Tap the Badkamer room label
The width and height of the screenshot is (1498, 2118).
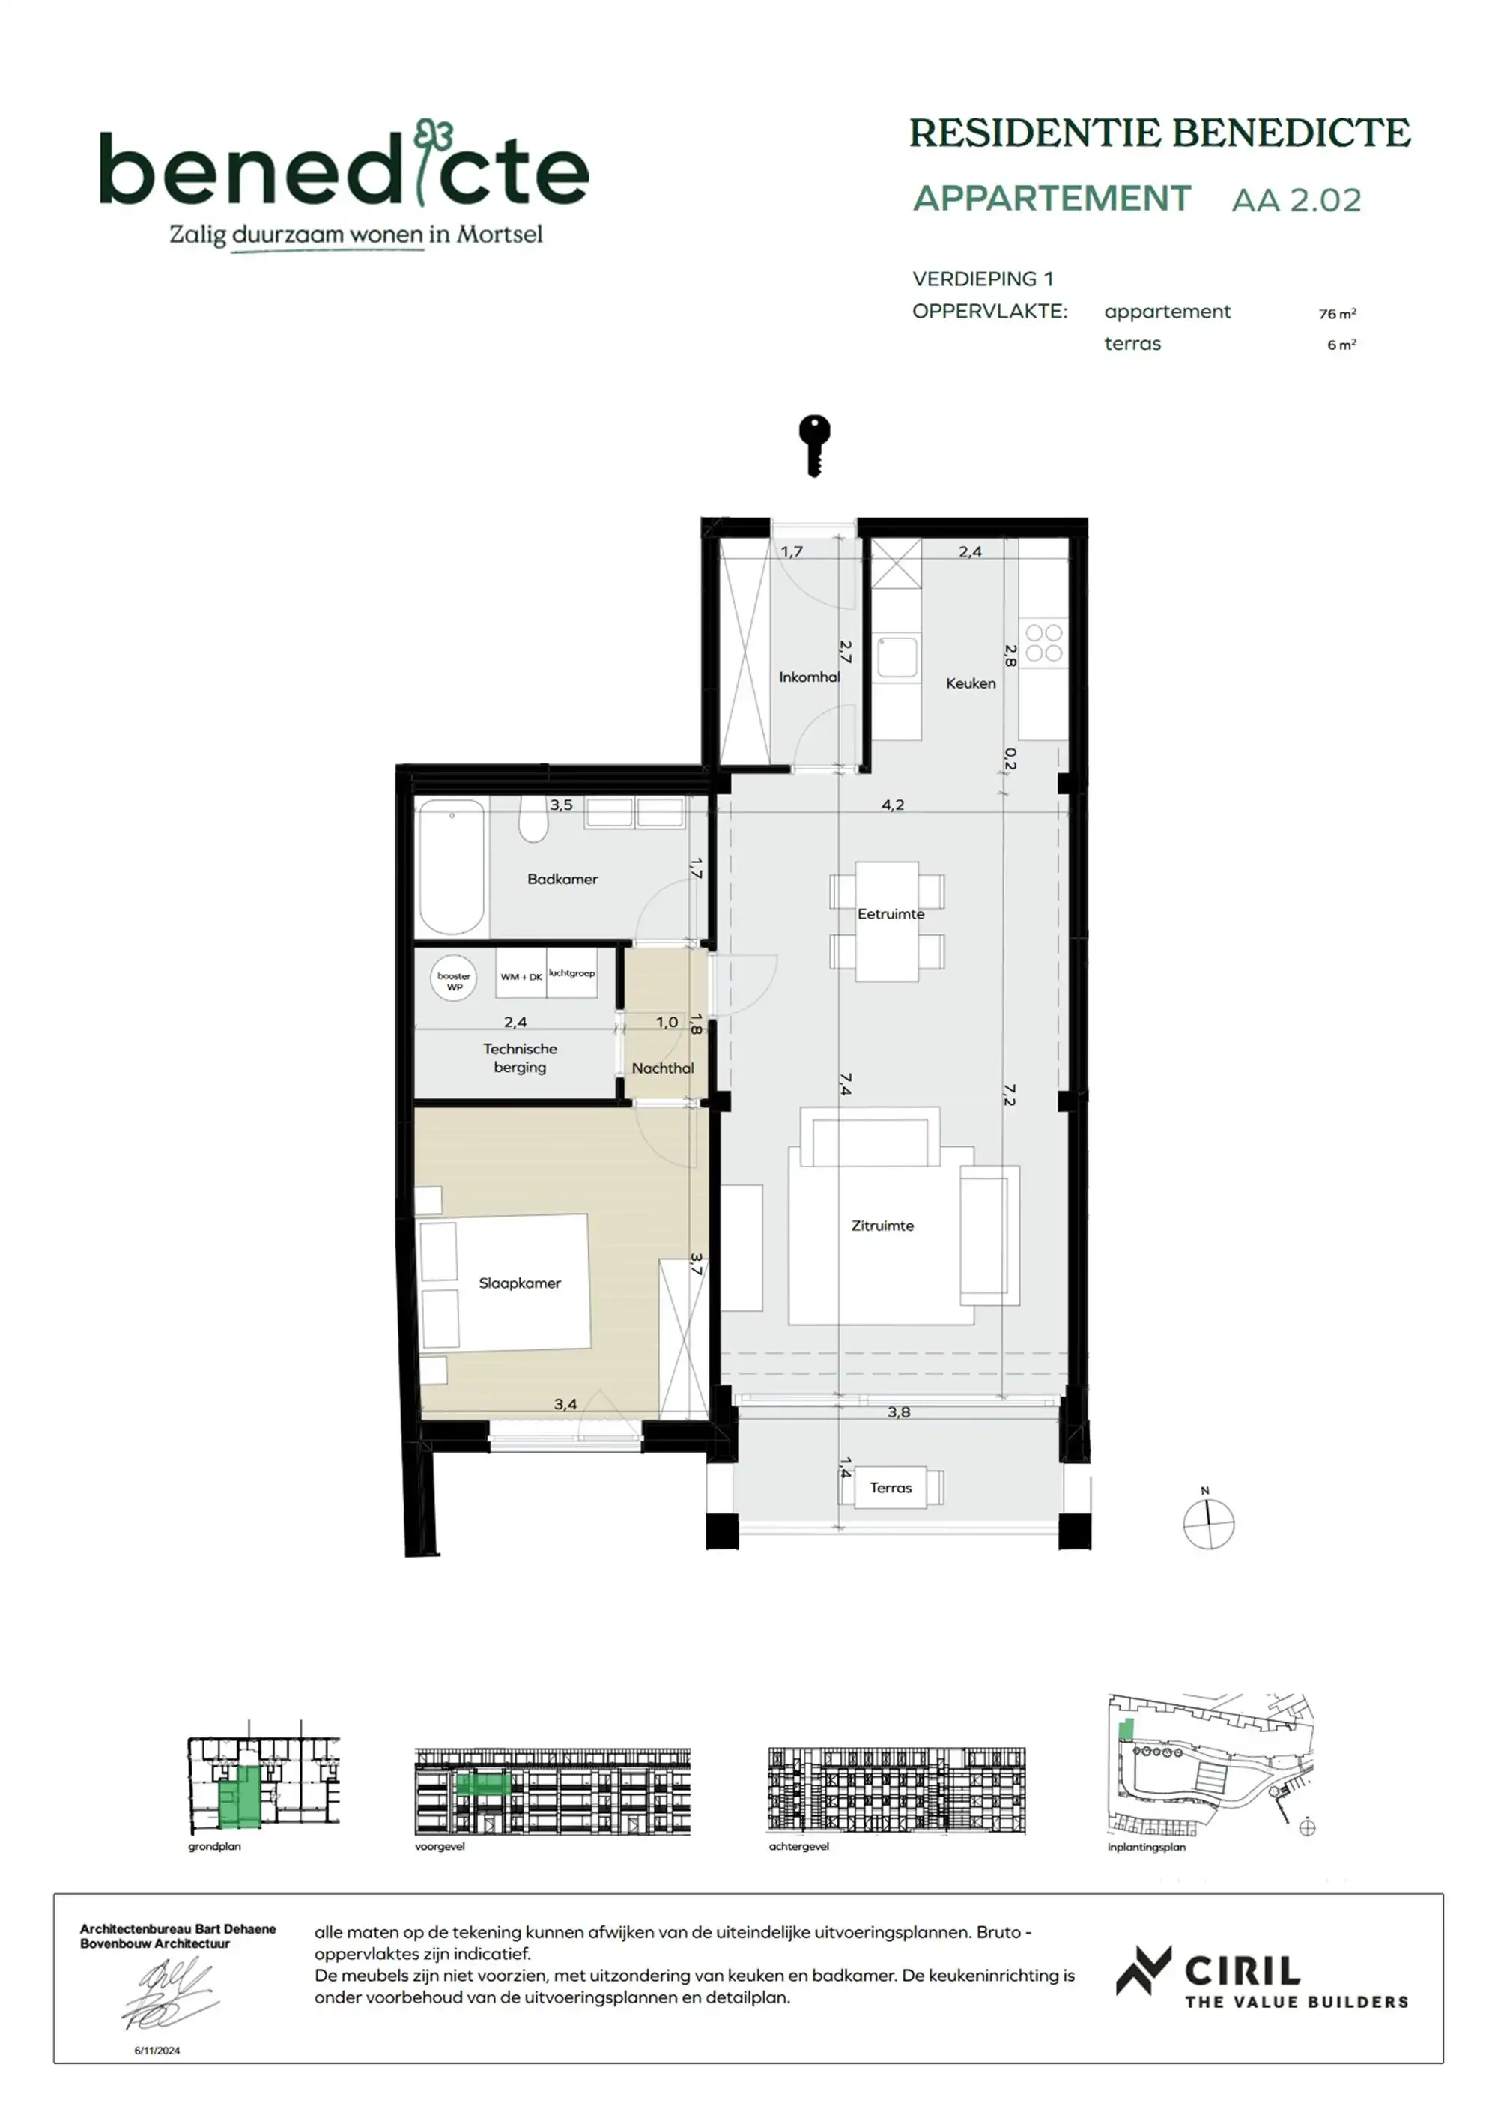[x=562, y=879]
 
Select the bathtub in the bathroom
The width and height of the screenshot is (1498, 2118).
[x=451, y=867]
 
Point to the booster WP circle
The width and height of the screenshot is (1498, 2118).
[x=454, y=981]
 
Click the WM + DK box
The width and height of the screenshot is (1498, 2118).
[x=521, y=976]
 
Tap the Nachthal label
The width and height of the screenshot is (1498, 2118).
[x=662, y=1068]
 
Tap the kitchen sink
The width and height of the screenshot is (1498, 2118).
[x=897, y=658]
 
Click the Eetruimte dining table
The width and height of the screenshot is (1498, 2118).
[x=886, y=921]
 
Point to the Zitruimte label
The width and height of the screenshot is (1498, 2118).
[x=882, y=1226]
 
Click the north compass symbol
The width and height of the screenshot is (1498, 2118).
[x=1208, y=1524]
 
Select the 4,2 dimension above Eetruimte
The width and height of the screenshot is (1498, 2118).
[x=892, y=805]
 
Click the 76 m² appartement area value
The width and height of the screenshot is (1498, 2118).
[x=1336, y=314]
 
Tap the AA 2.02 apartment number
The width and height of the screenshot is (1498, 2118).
[x=1296, y=200]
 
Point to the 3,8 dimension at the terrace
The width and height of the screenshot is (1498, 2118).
[x=899, y=1412]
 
